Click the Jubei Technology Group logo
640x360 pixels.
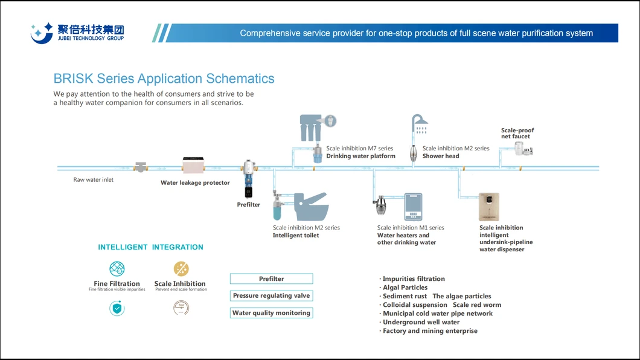[x=77, y=33]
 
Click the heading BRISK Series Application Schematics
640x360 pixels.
[x=164, y=79]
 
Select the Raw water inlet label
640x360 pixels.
[x=94, y=179]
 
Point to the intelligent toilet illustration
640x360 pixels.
[x=311, y=207]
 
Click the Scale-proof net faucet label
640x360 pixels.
[x=517, y=133]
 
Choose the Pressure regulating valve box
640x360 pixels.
[x=271, y=296]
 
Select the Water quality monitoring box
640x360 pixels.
[x=271, y=313]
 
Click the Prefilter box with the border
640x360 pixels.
[x=271, y=279]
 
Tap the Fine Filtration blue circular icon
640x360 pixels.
[x=117, y=269]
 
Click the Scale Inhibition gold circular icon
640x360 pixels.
[x=181, y=269]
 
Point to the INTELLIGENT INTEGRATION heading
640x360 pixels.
[x=150, y=247]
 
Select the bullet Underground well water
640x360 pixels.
[x=421, y=323]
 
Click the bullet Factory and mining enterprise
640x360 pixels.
[x=429, y=331]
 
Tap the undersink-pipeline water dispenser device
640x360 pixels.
[x=488, y=207]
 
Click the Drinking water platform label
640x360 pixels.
[x=360, y=156]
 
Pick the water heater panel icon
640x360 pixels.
[x=413, y=207]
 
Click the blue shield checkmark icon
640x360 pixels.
[x=117, y=309]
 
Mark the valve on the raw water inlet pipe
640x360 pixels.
[x=141, y=167]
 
